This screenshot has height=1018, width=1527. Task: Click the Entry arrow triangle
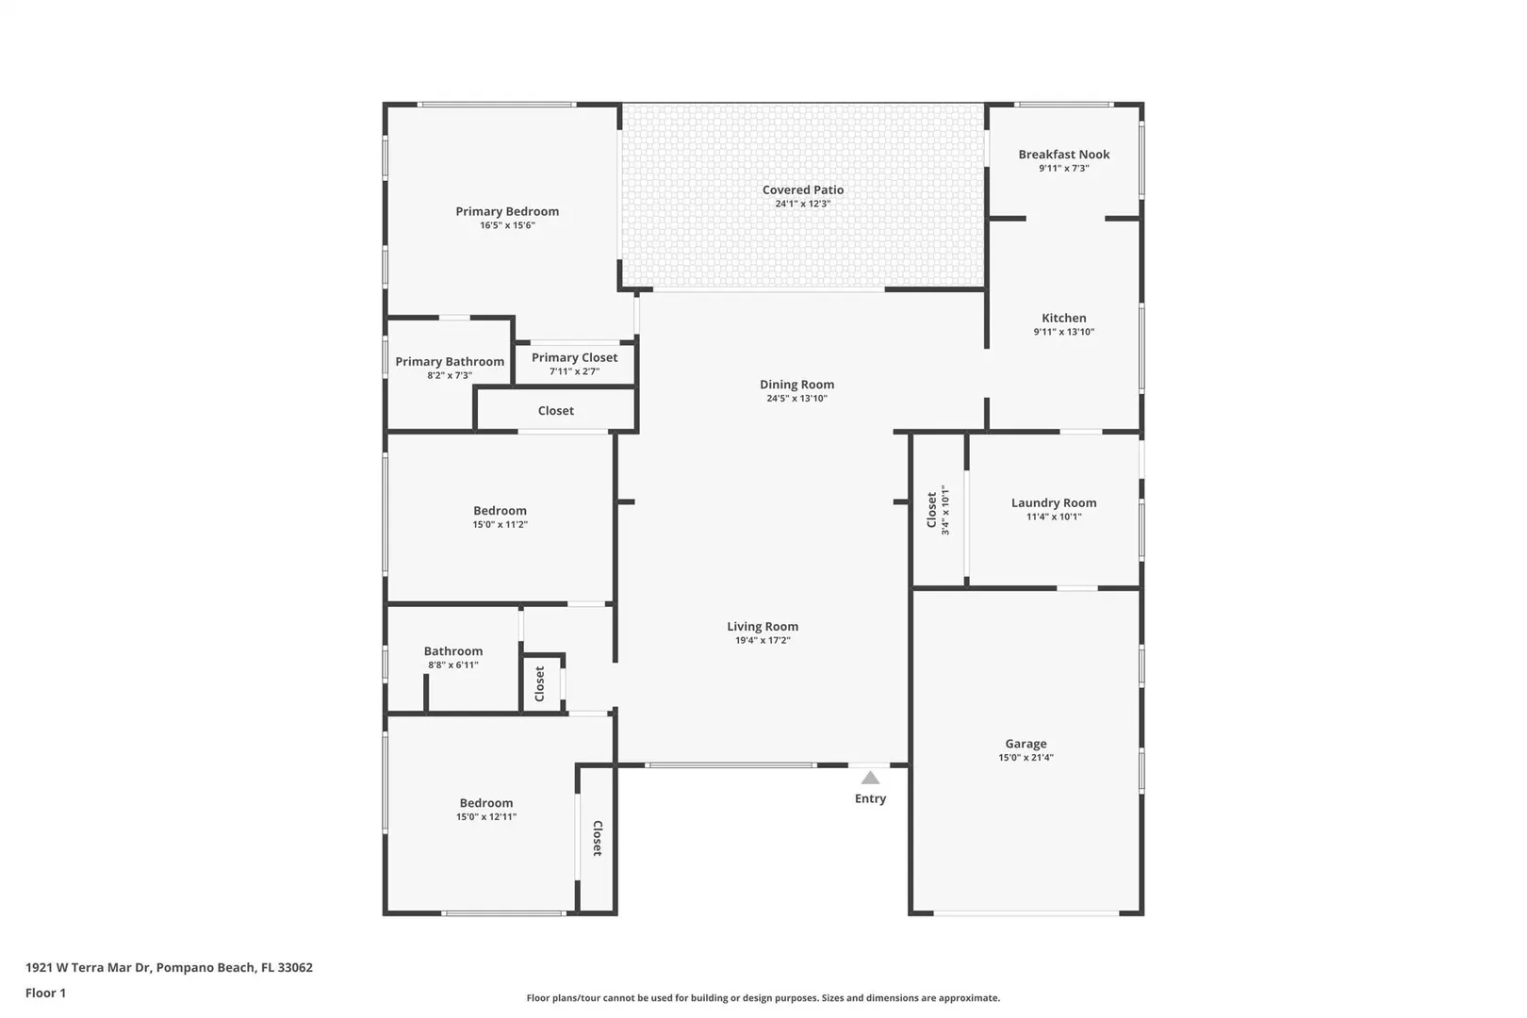870,778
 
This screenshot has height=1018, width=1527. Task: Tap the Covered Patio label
803,190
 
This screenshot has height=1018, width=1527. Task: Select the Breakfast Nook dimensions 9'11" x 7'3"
1064,169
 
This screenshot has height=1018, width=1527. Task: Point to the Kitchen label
1064,318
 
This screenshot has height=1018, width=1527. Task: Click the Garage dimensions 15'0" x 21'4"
1026,758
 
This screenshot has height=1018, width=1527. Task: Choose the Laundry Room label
1054,503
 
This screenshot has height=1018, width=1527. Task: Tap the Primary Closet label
575,358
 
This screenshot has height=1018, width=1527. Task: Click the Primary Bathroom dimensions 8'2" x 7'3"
450,376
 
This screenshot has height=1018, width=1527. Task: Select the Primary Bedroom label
507,212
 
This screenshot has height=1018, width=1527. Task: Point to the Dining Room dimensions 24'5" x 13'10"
796,399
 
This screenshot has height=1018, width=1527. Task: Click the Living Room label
763,627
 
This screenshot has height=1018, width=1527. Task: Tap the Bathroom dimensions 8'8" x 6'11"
453,665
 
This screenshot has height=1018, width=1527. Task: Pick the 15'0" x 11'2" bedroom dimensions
501,525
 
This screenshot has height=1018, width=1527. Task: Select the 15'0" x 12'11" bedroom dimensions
486,817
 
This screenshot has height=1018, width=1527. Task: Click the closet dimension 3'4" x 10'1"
945,510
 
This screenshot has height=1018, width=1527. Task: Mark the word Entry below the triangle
871,798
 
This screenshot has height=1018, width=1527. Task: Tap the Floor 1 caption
45,993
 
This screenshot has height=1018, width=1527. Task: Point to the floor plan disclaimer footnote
763,998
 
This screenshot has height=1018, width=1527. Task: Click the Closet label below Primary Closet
555,411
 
